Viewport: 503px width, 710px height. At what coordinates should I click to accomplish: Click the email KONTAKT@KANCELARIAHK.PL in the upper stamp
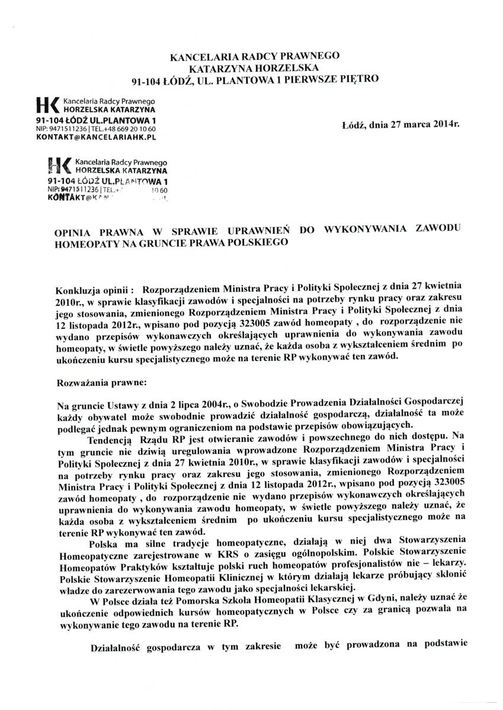tap(95, 137)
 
